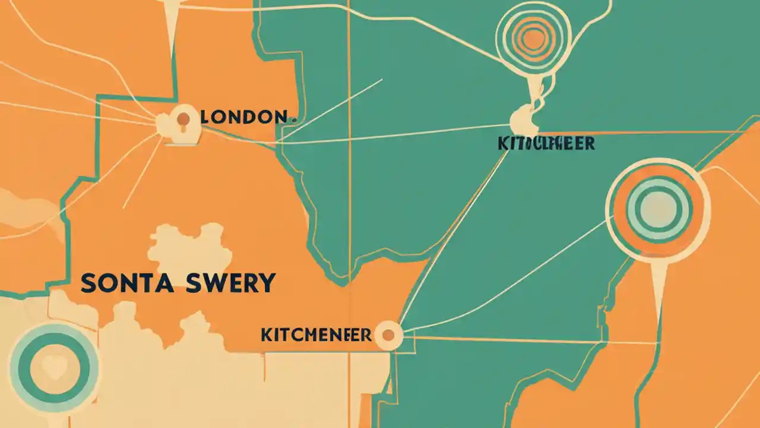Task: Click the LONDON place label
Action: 243,117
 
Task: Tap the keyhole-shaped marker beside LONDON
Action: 183,121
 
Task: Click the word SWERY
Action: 233,283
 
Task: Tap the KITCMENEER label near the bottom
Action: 316,335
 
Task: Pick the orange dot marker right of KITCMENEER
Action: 388,335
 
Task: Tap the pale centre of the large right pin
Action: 658,209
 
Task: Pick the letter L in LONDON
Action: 205,117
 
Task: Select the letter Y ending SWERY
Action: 267,283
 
